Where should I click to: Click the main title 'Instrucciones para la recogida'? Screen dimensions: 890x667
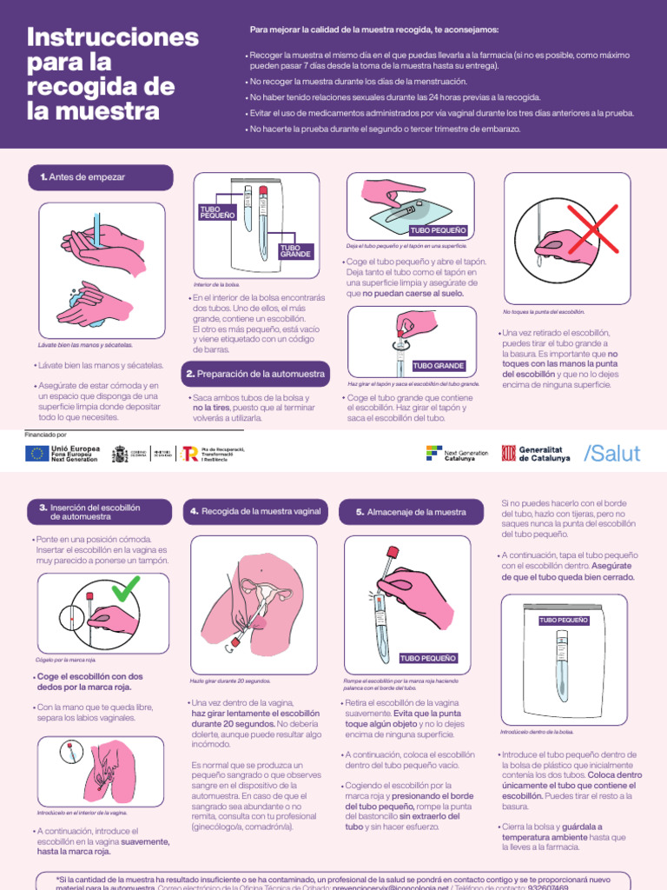click(113, 74)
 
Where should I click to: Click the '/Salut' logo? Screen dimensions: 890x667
click(611, 453)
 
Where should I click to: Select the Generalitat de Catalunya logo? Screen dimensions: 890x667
click(536, 453)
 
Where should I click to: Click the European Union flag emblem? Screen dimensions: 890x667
click(37, 453)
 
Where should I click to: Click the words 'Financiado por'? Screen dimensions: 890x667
click(46, 434)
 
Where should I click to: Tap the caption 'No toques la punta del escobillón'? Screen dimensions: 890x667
click(544, 311)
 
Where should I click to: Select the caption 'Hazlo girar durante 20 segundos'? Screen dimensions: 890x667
click(230, 681)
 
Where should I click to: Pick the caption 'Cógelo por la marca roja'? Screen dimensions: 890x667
click(66, 660)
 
